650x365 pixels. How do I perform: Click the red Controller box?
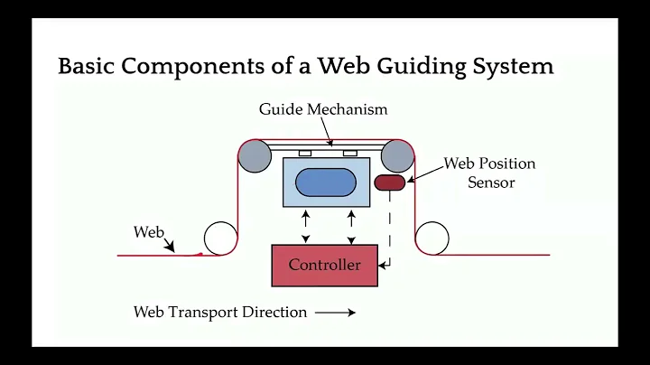324,265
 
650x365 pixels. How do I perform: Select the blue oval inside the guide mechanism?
324,181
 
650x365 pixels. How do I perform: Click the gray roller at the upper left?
255,156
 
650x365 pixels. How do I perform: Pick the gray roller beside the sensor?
397,156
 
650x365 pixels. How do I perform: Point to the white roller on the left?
219,239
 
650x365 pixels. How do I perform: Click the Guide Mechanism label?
322,109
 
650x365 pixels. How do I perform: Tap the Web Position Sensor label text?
489,173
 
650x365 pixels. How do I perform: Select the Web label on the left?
148,232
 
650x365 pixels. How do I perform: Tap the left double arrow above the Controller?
306,226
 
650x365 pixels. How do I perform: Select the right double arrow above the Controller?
351,226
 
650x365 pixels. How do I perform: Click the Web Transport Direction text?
220,313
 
